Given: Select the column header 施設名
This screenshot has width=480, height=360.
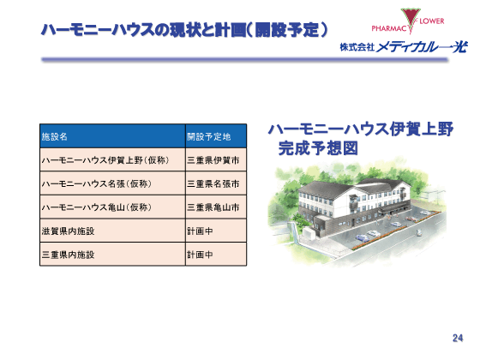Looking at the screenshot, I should (x=55, y=136).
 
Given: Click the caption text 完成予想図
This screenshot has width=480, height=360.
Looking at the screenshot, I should (x=317, y=148).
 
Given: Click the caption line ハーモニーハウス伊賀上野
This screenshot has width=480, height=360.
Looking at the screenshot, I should (x=360, y=129).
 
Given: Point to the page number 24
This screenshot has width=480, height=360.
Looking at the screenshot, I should (x=457, y=338).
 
